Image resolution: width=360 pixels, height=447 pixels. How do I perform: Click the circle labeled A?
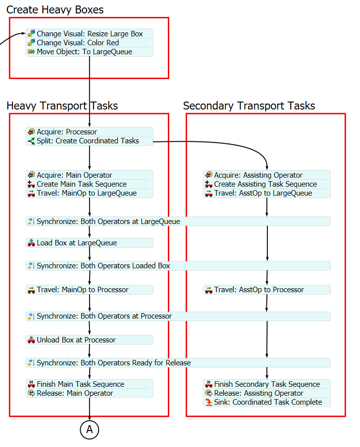pyautogui.click(x=90, y=430)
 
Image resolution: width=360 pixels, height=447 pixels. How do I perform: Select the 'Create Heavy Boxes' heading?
pyautogui.click(x=55, y=9)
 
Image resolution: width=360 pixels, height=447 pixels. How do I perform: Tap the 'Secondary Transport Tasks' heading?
pyautogui.click(x=249, y=106)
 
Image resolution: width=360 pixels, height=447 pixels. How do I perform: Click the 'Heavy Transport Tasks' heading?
pyautogui.click(x=62, y=106)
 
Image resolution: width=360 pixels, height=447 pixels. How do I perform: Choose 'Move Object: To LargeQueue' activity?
pyautogui.click(x=84, y=52)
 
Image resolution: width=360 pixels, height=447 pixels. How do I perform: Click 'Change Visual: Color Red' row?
pyautogui.click(x=78, y=43)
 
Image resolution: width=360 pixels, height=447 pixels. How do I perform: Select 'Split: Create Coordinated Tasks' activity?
pyautogui.click(x=88, y=141)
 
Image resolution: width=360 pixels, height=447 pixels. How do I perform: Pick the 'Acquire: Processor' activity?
pyautogui.click(x=67, y=132)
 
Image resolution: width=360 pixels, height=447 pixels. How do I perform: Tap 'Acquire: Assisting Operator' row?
pyautogui.click(x=258, y=175)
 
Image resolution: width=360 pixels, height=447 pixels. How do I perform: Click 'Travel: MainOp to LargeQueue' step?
pyautogui.click(x=87, y=193)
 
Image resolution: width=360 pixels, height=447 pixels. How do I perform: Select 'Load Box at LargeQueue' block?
pyautogui.click(x=77, y=243)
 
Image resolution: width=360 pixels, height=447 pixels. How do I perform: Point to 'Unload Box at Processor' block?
pyautogui.click(x=76, y=340)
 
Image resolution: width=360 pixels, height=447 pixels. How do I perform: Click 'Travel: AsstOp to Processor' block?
pyautogui.click(x=259, y=290)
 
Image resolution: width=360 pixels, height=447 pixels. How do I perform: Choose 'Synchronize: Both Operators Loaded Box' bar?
pyautogui.click(x=103, y=266)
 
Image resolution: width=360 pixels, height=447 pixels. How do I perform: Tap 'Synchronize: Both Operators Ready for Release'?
pyautogui.click(x=114, y=363)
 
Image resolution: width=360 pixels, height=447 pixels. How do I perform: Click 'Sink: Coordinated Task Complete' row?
pyautogui.click(x=268, y=402)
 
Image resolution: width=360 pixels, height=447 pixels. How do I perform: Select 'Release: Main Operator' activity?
pyautogui.click(x=75, y=393)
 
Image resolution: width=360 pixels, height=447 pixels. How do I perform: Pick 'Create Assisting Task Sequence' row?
pyautogui.click(x=265, y=184)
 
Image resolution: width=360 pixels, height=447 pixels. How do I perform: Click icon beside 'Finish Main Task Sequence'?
pyautogui.click(x=31, y=384)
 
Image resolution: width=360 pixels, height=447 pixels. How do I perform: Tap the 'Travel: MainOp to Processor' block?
pyautogui.click(x=82, y=290)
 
